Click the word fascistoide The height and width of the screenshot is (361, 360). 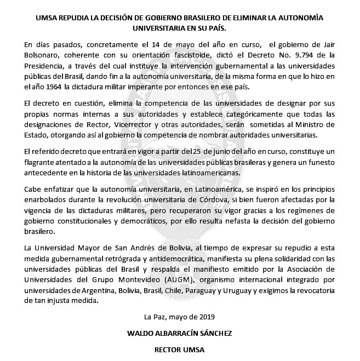159,55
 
